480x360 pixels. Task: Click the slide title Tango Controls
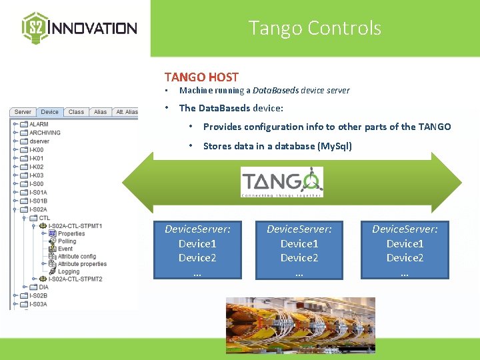[x=315, y=28]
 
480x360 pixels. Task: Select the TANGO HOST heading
[x=201, y=77]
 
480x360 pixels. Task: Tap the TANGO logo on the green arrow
[x=282, y=182]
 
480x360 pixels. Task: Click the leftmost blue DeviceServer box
[x=198, y=249]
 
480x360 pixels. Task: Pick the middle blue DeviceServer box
[x=299, y=249]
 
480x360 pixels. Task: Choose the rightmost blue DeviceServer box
[x=405, y=249]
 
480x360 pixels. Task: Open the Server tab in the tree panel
[x=23, y=112]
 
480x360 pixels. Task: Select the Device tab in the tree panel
[x=50, y=112]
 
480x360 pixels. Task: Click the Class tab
[x=76, y=112]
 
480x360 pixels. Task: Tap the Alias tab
[x=100, y=112]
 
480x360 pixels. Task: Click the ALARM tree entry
[x=39, y=124]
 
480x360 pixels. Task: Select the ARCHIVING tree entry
[x=45, y=133]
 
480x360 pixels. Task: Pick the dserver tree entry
[x=39, y=141]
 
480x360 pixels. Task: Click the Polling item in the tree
[x=67, y=241]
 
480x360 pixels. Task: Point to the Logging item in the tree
[x=69, y=271]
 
